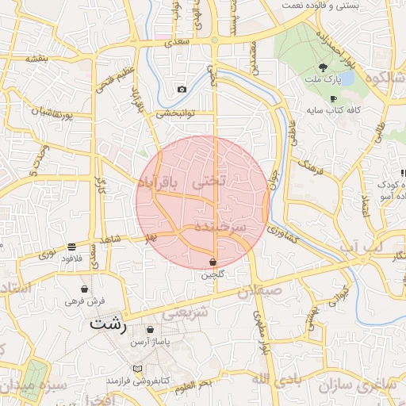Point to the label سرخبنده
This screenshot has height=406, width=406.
(215, 227)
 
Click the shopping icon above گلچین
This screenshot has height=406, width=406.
(213, 262)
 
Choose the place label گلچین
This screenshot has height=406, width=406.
(213, 274)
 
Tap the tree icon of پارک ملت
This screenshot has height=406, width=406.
(322, 67)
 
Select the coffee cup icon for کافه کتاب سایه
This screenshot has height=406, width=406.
(333, 98)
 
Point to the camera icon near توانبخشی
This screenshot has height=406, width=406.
(182, 90)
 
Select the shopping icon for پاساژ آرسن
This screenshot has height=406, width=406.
(151, 329)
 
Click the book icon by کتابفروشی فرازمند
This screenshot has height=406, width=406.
(139, 369)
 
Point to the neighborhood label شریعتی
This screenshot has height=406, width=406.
(188, 313)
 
